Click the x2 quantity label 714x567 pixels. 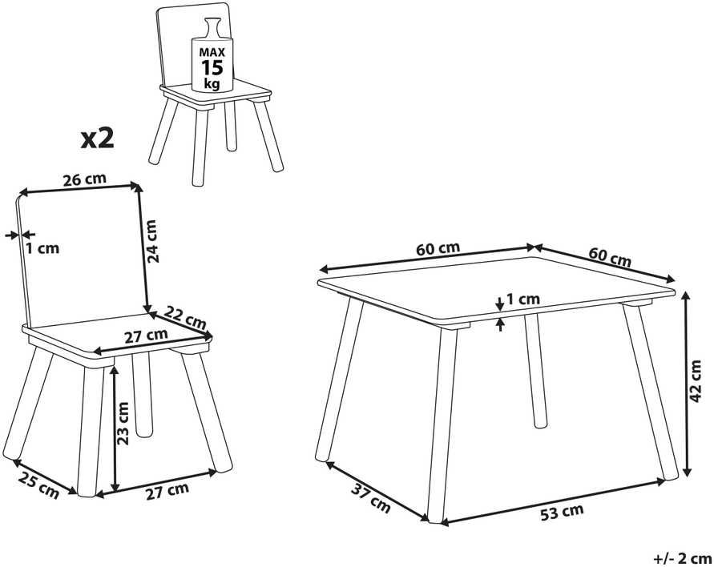pos(98,139)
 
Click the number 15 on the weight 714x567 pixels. pos(212,67)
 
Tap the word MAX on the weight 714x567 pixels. pos(212,52)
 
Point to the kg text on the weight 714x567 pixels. pos(212,84)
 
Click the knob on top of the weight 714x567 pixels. pos(212,28)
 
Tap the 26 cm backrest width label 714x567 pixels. pos(84,179)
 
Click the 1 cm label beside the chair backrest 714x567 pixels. pos(42,248)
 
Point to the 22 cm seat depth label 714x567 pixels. pos(185,318)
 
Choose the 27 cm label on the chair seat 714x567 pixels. pos(146,336)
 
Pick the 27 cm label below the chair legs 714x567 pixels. pos(167,492)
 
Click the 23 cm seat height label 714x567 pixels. pos(123,423)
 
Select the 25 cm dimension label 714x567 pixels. pos(38,485)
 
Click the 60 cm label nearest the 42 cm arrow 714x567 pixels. pos(610,257)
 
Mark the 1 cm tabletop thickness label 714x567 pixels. pos(523,299)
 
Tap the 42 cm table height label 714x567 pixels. pos(696,381)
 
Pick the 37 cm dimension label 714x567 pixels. pos(371,498)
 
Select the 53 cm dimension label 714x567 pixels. pos(562,513)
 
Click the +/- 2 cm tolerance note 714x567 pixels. pos(683,557)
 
